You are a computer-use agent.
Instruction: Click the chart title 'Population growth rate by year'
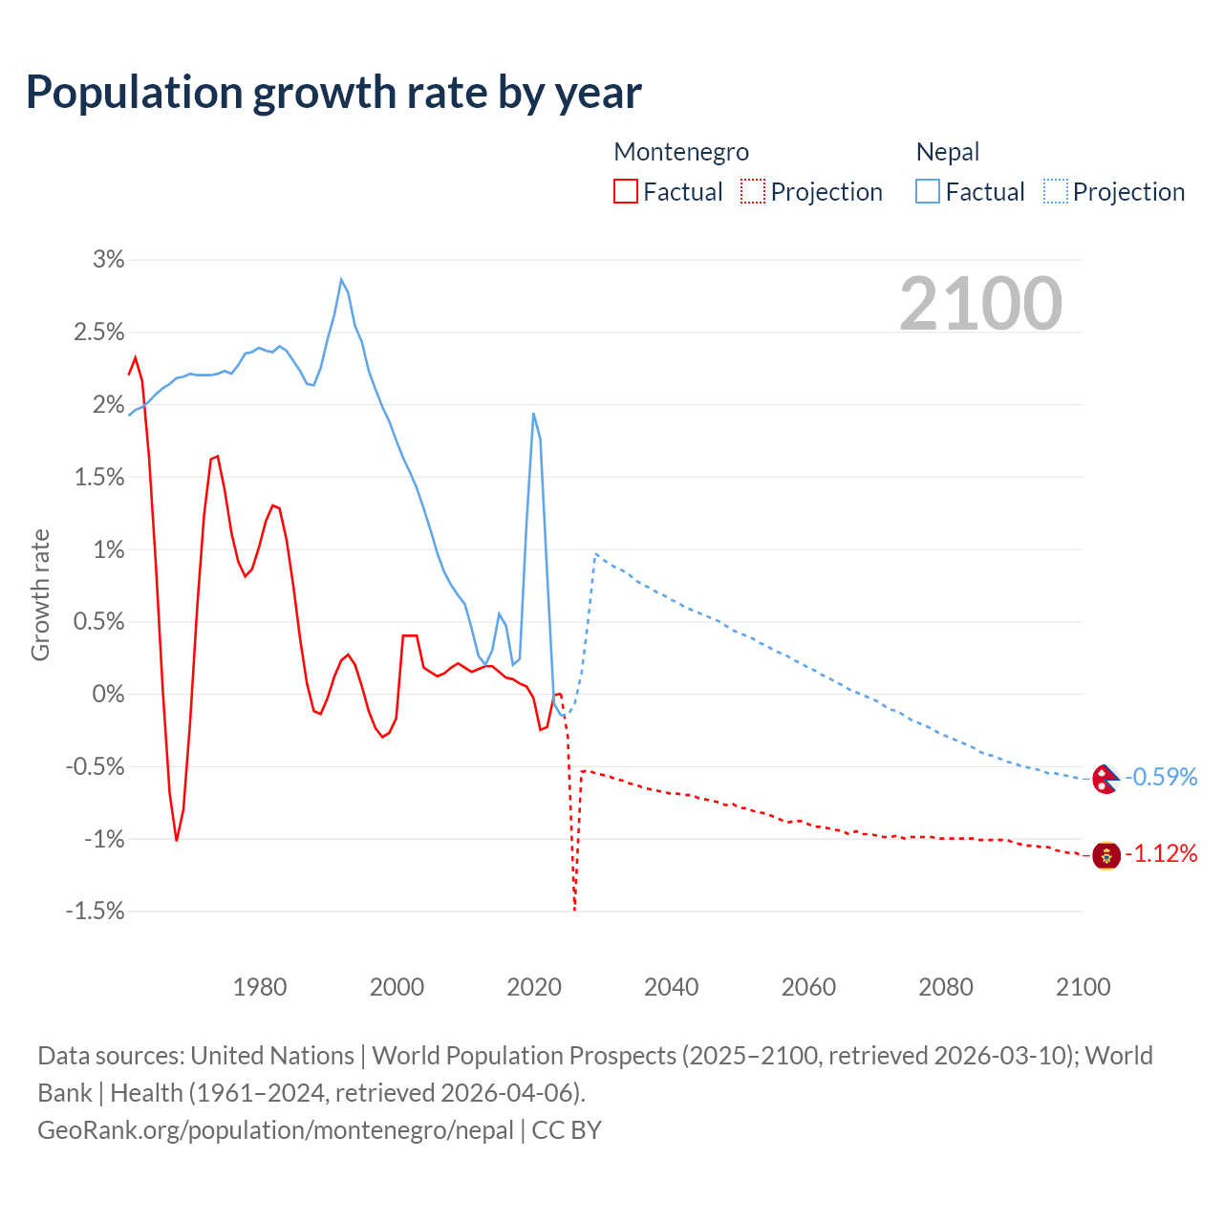click(x=333, y=93)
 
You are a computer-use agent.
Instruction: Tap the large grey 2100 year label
click(x=980, y=304)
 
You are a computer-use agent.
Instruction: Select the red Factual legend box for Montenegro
click(x=625, y=192)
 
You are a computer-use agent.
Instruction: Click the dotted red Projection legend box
click(x=753, y=192)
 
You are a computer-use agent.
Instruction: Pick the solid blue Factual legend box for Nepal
click(x=927, y=192)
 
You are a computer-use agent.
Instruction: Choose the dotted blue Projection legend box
click(x=1055, y=192)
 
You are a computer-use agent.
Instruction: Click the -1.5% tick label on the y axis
click(x=96, y=912)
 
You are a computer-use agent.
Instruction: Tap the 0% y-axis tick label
click(x=108, y=695)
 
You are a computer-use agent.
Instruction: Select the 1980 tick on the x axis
click(x=260, y=987)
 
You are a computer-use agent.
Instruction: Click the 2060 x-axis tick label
click(x=808, y=987)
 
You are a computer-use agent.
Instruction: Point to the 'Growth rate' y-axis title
click(x=40, y=594)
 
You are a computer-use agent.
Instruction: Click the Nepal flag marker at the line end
click(x=1105, y=779)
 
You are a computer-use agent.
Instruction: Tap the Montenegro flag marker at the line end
click(x=1105, y=855)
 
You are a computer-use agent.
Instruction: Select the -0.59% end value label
click(x=1161, y=777)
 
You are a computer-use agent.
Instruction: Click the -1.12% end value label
click(x=1161, y=853)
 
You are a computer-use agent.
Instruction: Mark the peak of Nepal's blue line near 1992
click(x=341, y=279)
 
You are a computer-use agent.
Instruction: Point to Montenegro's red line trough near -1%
click(x=177, y=840)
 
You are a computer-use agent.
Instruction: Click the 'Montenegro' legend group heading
click(x=681, y=152)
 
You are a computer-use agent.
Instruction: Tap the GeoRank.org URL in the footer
click(x=275, y=1130)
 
